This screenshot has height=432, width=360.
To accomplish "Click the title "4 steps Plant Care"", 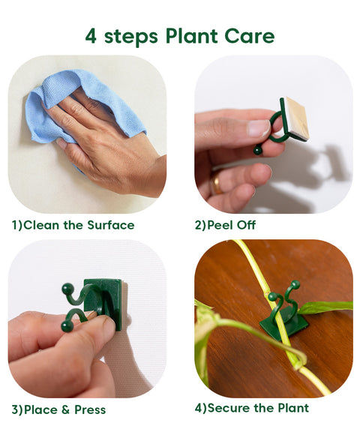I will (x=179, y=35).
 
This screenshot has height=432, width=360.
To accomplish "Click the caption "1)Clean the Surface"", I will (x=73, y=225).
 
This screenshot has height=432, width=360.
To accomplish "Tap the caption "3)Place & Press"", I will (x=58, y=409).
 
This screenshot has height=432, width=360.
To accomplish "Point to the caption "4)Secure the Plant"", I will (x=251, y=409).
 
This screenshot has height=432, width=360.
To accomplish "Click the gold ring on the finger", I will (x=217, y=182).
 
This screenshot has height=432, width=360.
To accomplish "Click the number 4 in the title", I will (x=91, y=35).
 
